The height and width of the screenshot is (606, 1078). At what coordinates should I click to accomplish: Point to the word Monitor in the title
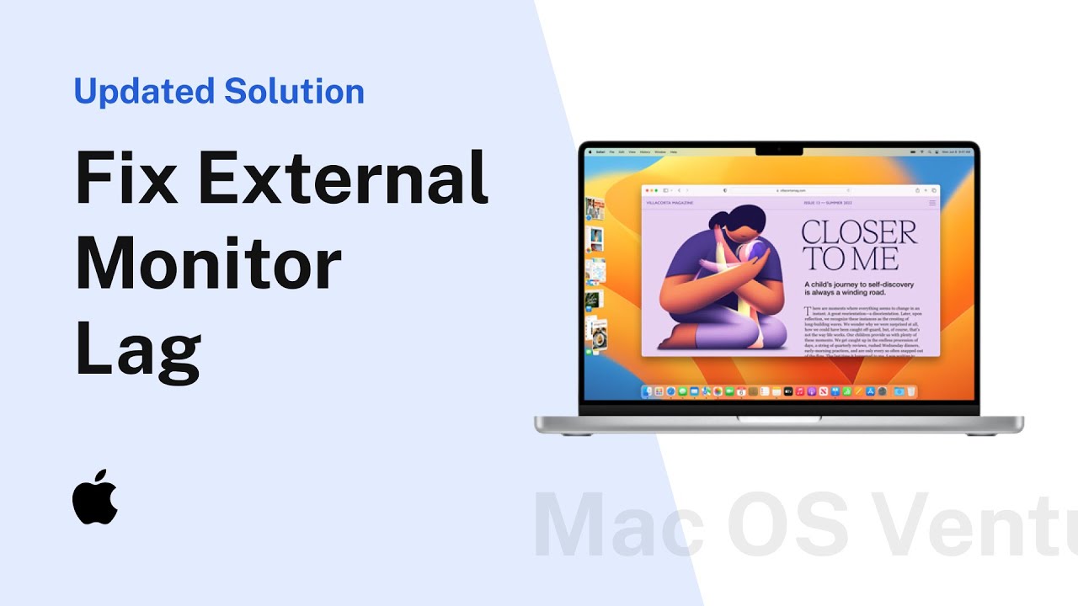click(x=208, y=264)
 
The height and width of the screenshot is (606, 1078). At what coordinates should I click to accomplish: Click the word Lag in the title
click(x=138, y=352)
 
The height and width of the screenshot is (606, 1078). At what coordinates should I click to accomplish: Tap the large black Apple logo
click(x=95, y=497)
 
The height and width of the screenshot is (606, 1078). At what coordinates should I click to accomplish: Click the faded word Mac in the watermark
click(x=619, y=527)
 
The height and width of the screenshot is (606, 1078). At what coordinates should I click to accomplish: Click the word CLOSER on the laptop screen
click(x=858, y=233)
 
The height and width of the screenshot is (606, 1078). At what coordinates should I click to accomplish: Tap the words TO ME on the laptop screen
click(x=849, y=258)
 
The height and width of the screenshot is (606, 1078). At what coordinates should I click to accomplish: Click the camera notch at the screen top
click(x=779, y=150)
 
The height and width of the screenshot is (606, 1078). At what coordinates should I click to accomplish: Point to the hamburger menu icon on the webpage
click(x=932, y=203)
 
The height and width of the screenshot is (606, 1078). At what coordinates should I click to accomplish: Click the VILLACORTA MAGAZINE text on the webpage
click(x=670, y=203)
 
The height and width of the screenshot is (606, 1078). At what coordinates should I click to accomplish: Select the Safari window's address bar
click(x=787, y=191)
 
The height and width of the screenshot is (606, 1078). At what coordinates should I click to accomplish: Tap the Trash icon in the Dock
click(x=910, y=391)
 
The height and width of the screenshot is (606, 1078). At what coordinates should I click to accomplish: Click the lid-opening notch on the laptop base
click(x=779, y=417)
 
